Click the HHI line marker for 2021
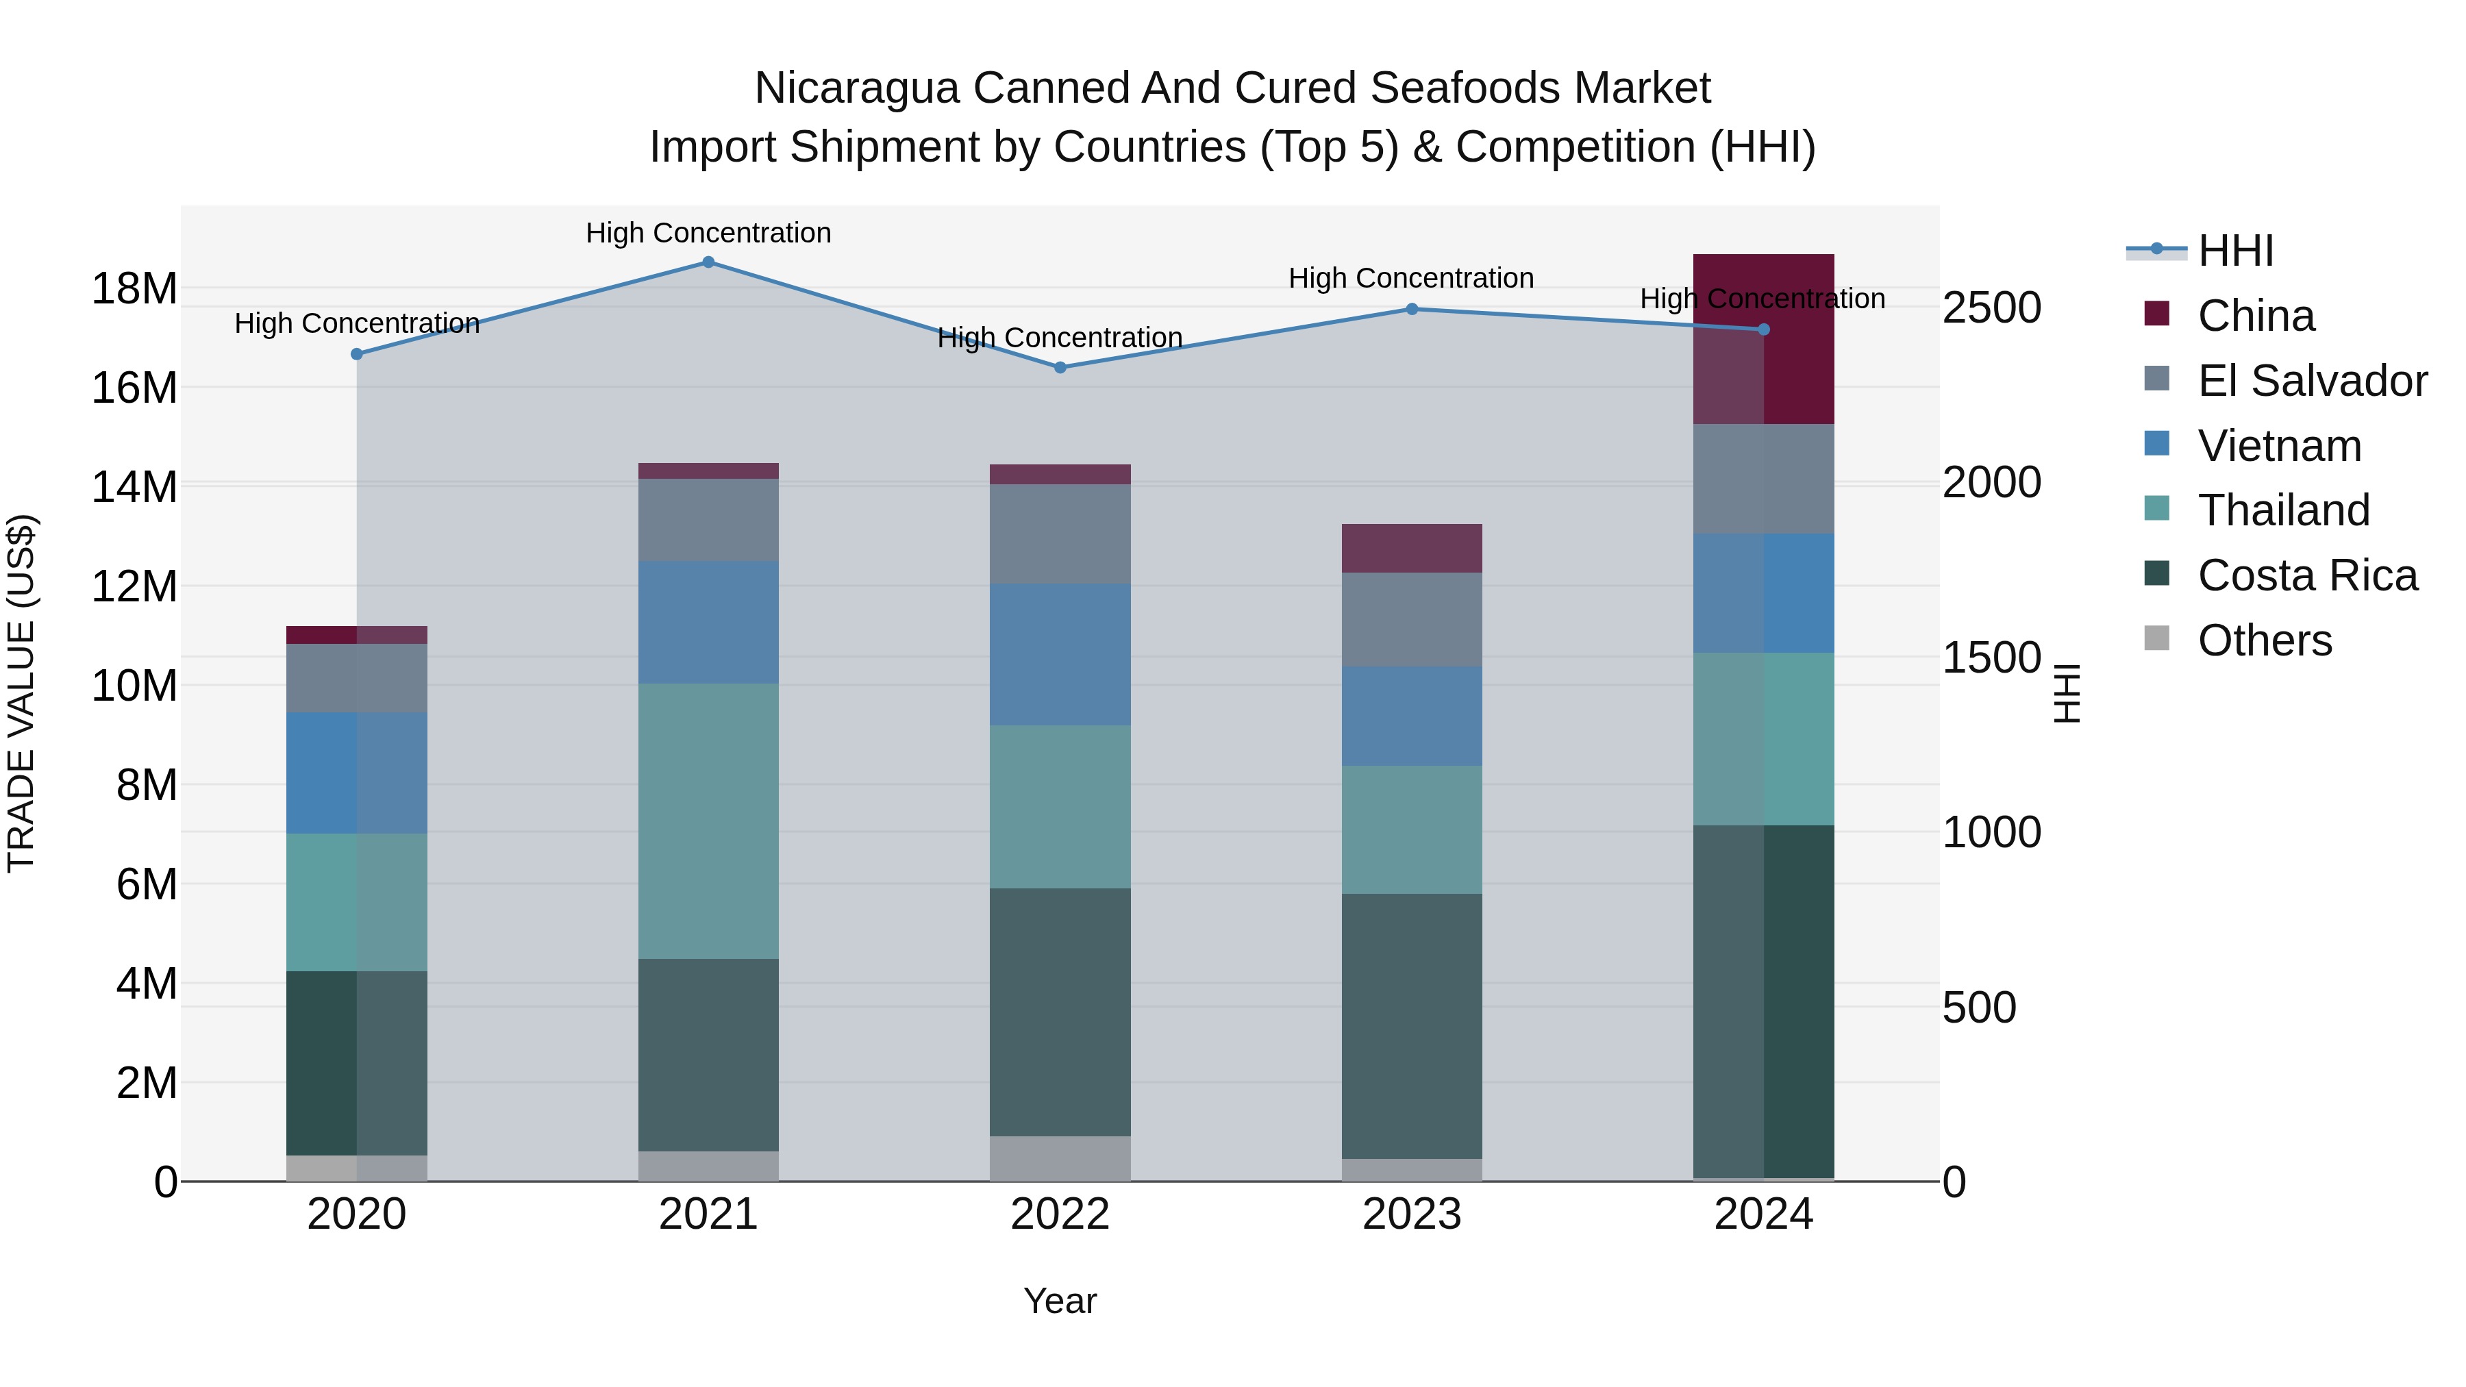pos(708,262)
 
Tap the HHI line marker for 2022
pos(1060,368)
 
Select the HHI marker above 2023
pos(1412,309)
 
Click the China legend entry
pos(2256,316)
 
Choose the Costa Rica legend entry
pos(2307,575)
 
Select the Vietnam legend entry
pos(2279,446)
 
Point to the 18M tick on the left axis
pos(134,289)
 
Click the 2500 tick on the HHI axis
pos(1991,308)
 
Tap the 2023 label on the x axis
pos(1412,1214)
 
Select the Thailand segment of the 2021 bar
pos(708,821)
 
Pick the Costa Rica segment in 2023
pos(1412,1026)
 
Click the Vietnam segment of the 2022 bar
pos(1060,655)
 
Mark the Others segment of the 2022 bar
pos(1060,1158)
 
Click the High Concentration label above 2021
pos(708,233)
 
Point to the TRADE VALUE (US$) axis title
pos(22,693)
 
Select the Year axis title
pos(1060,1301)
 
